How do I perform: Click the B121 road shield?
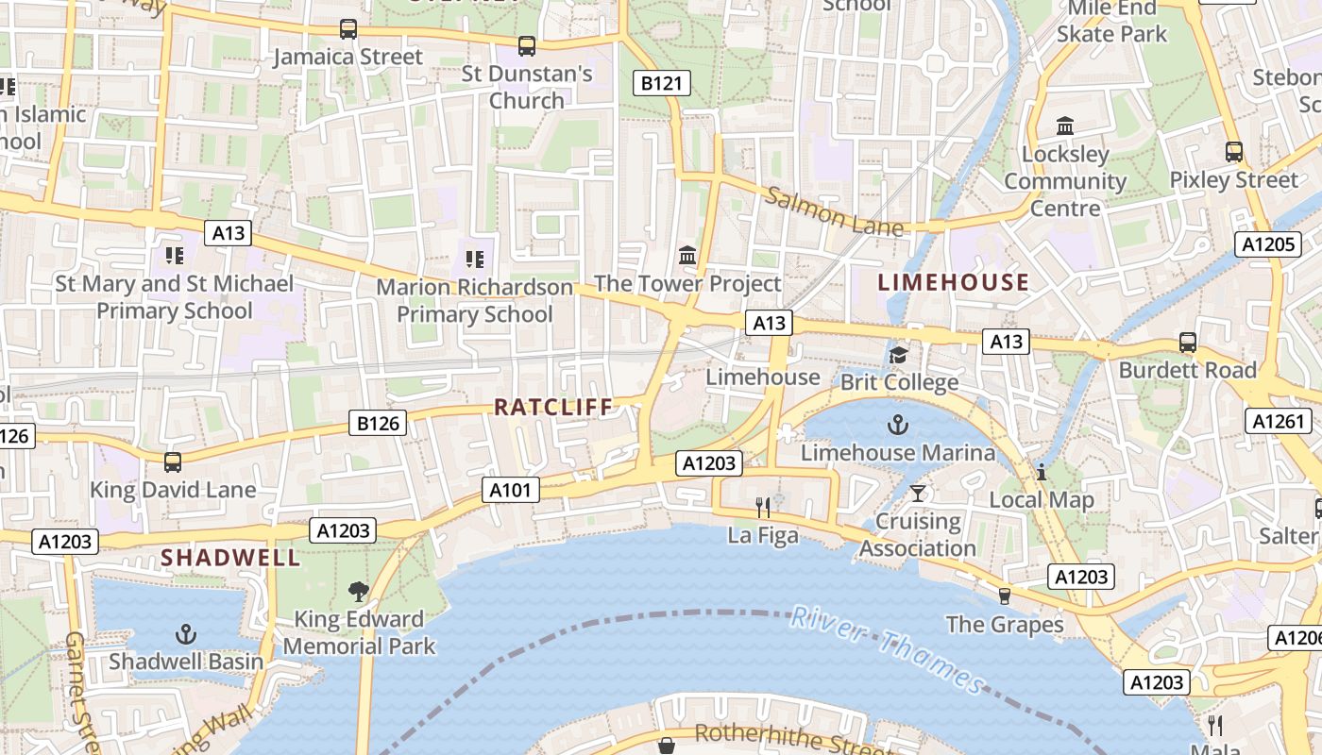tap(661, 83)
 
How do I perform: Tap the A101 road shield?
tap(511, 490)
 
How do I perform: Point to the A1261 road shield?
tap(1278, 421)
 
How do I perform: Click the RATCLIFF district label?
tap(553, 407)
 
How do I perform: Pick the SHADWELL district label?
tap(230, 558)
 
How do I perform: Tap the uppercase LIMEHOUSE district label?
tap(953, 282)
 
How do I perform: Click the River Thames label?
tap(888, 649)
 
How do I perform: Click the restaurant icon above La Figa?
tap(763, 508)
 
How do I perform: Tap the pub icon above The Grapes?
tap(1004, 596)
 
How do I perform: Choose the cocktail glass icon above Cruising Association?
tap(917, 493)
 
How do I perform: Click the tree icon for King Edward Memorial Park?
tap(358, 592)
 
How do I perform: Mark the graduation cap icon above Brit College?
tap(898, 355)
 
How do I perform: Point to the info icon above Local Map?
tap(1042, 472)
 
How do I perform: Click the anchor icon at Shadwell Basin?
tap(186, 633)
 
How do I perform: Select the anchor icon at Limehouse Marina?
tap(897, 426)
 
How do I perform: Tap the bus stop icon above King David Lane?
tap(172, 461)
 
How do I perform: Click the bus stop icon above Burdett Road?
tap(1187, 343)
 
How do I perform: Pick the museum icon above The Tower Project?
tap(687, 255)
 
